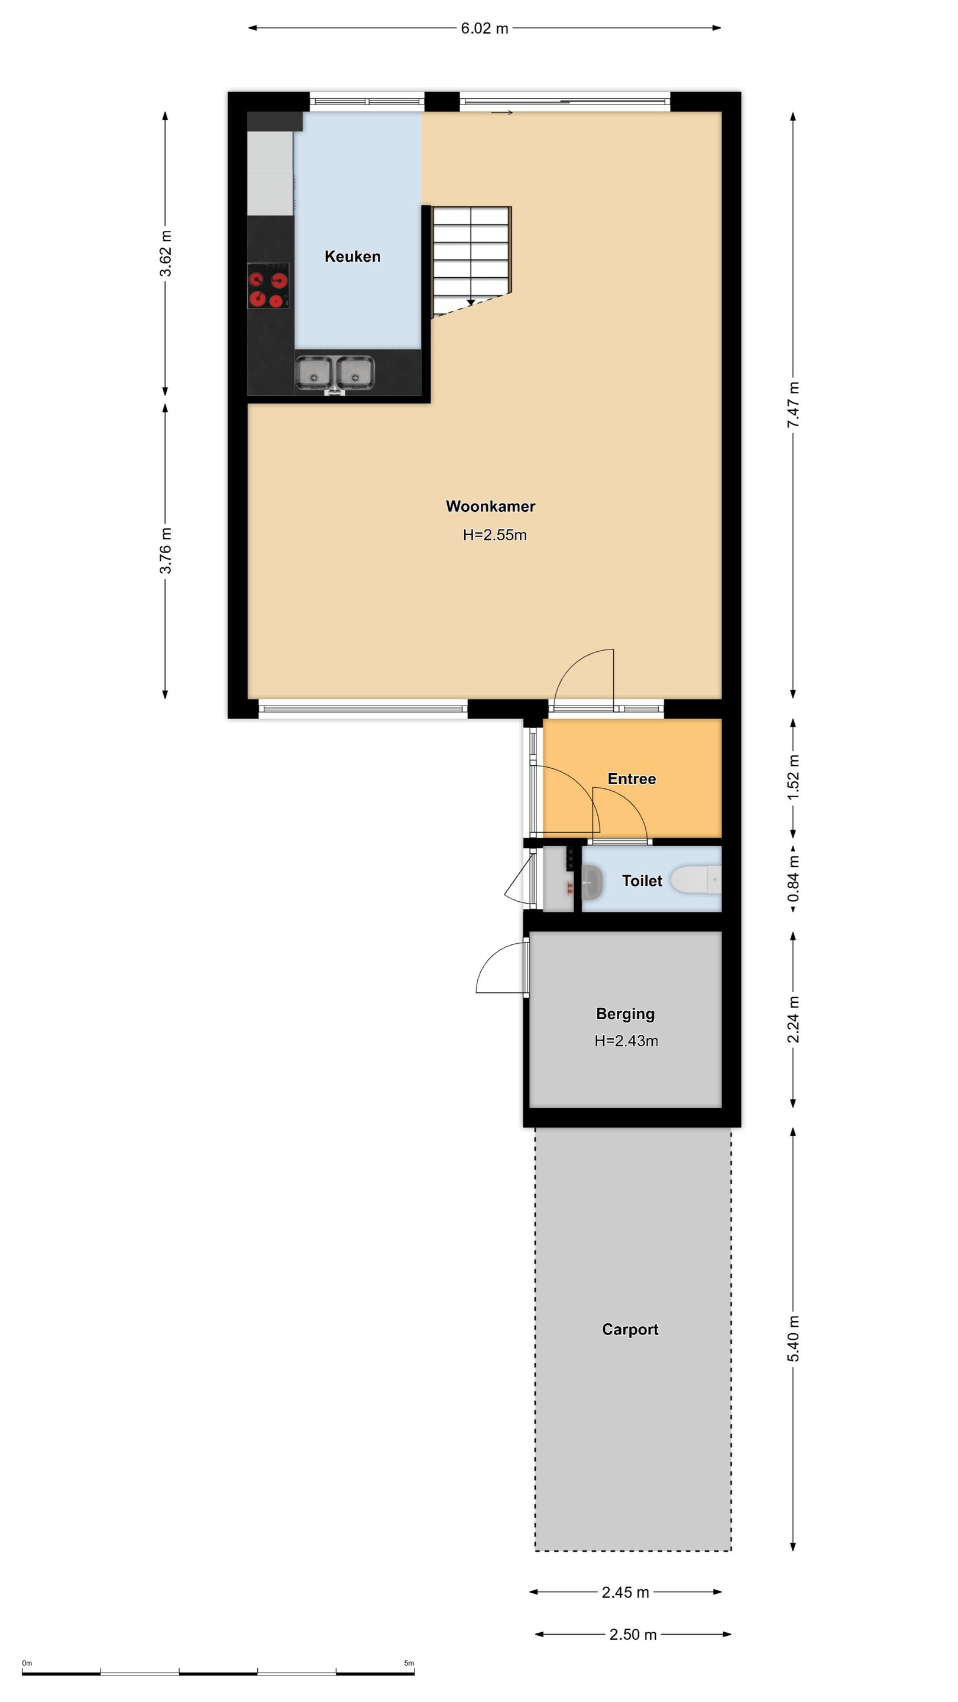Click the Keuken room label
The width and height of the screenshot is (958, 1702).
[352, 256]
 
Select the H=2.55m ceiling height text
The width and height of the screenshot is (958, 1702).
[494, 535]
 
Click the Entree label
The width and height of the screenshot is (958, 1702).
[632, 778]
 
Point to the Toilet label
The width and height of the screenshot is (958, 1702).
[642, 881]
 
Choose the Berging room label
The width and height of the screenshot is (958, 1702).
[626, 1014]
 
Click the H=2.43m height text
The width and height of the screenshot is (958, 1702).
[626, 1041]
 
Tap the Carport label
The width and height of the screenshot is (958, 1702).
[630, 1329]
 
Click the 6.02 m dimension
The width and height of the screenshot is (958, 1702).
[485, 28]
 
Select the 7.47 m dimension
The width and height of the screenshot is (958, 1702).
[794, 404]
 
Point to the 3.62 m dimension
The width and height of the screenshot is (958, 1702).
[166, 254]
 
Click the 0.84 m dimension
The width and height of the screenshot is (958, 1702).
[794, 879]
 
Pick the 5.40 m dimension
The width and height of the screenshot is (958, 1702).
[794, 1339]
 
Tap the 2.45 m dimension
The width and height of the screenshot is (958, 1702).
[626, 1592]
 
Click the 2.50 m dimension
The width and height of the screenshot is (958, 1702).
[633, 1635]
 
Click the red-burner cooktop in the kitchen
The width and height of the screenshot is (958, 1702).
[268, 285]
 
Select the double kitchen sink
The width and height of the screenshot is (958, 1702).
[335, 373]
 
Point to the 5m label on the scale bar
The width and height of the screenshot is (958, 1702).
[409, 1664]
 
